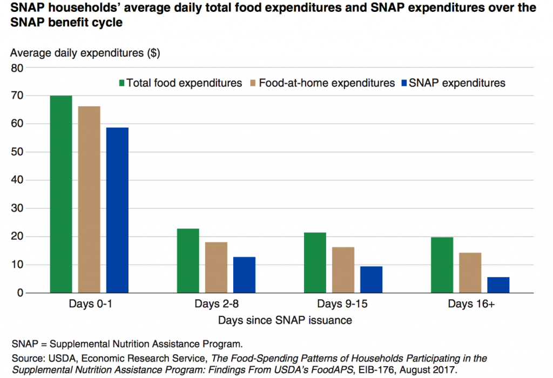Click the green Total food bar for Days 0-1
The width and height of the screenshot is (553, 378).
(61, 194)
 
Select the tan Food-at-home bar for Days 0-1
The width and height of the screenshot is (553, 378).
(89, 200)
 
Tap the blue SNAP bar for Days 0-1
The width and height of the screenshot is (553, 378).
(117, 210)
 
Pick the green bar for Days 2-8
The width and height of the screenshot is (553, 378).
(188, 261)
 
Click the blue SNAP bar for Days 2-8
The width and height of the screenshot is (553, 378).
(244, 275)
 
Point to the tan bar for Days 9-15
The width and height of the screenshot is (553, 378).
(343, 270)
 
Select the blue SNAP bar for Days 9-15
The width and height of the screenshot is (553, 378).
(371, 280)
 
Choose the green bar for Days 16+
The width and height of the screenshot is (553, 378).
(442, 265)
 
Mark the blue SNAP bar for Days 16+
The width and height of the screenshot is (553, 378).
(498, 285)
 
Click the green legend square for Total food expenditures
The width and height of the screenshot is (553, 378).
(122, 83)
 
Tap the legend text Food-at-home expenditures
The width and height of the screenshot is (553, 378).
(327, 83)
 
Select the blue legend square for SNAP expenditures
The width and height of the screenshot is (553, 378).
(405, 83)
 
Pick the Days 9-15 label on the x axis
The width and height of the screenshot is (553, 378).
(342, 304)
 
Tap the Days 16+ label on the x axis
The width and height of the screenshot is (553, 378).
(471, 304)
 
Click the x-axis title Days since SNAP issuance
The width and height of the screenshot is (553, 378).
(285, 320)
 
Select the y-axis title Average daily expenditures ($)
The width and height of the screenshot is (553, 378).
(85, 53)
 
